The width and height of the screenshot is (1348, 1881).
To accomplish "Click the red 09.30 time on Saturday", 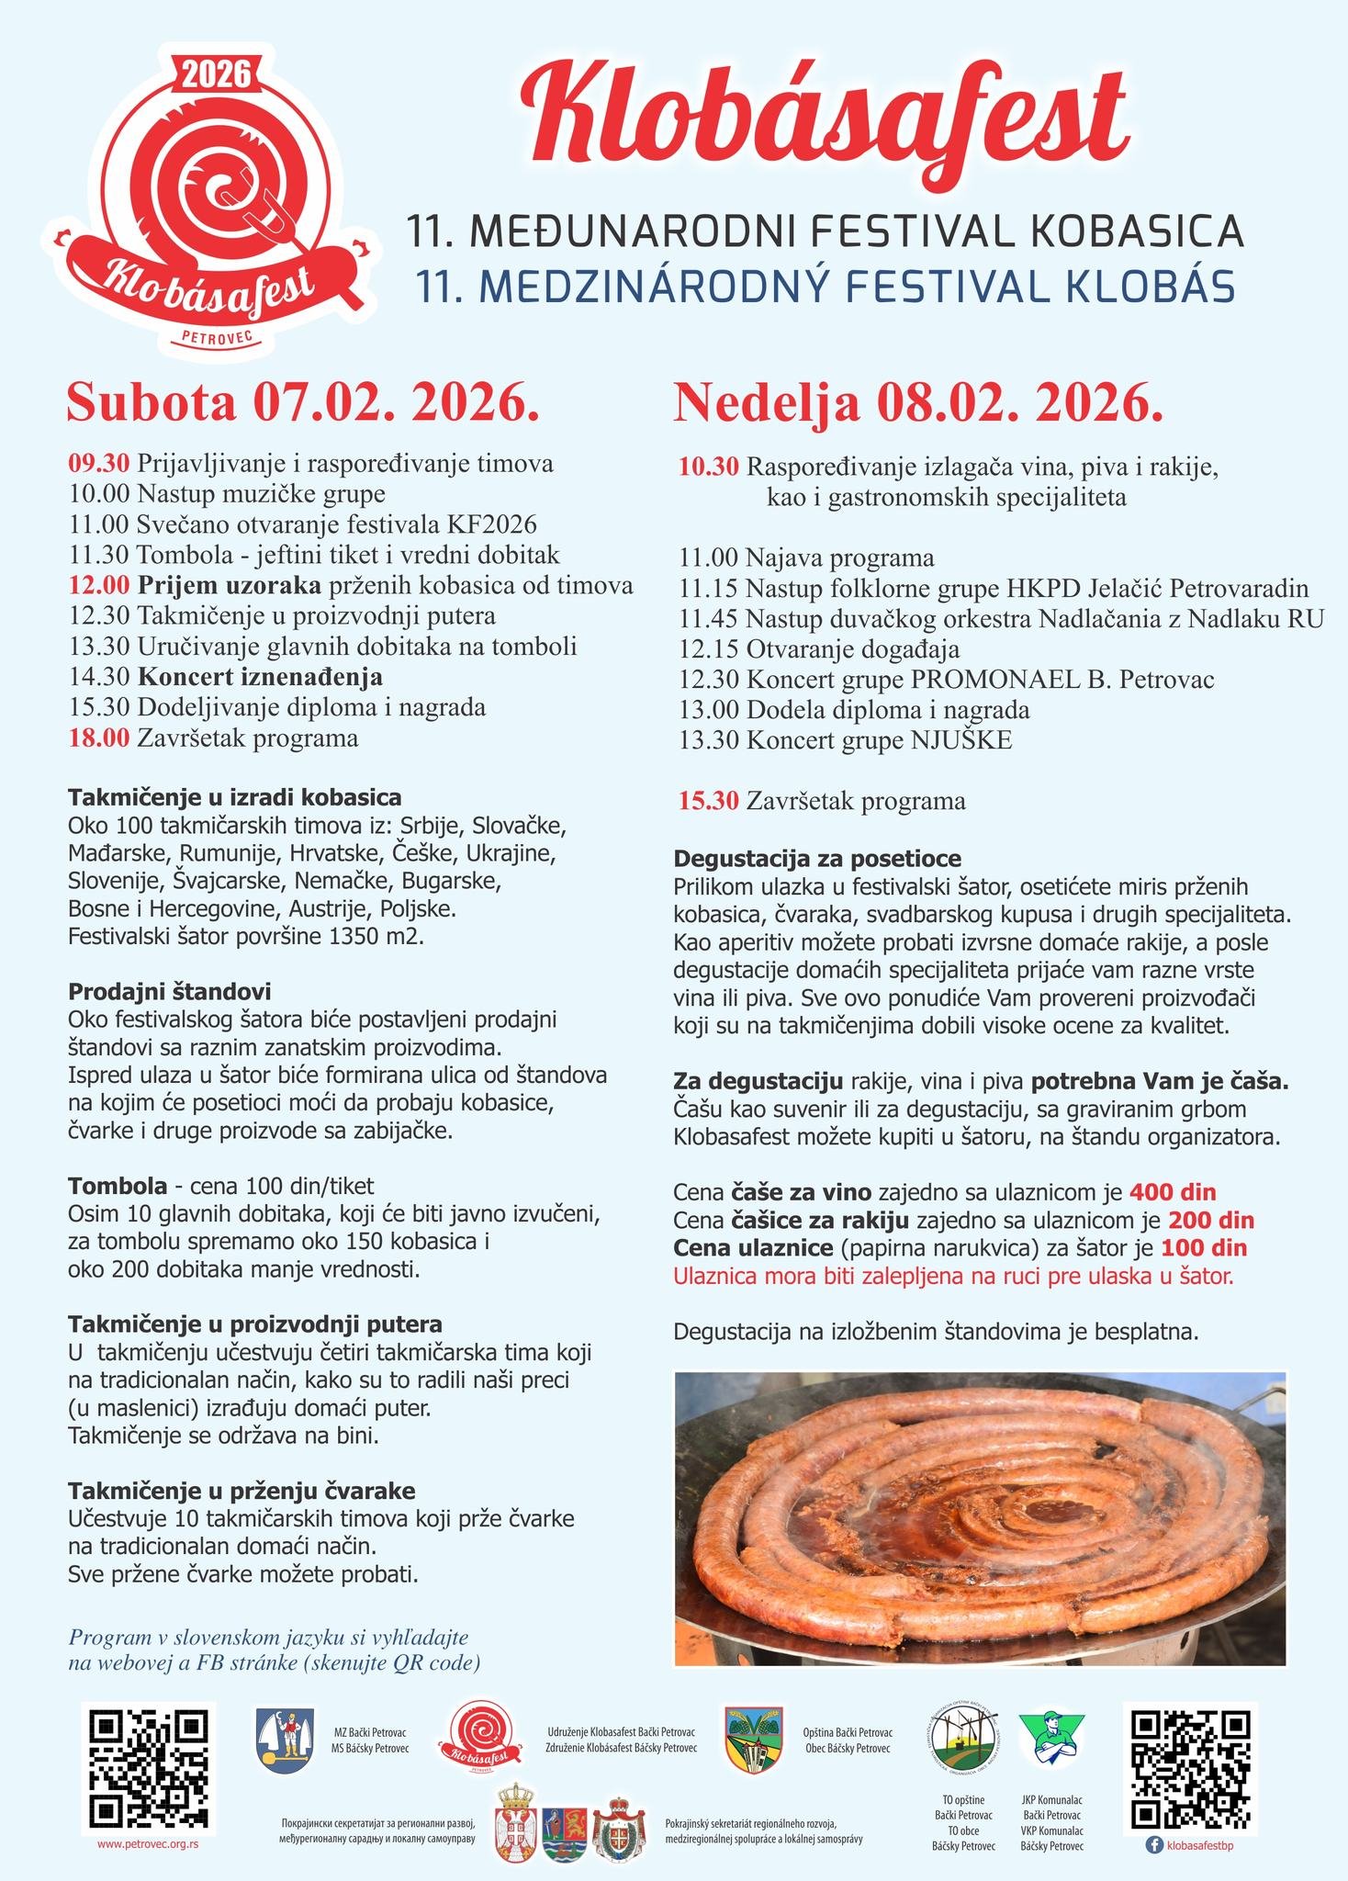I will tap(99, 463).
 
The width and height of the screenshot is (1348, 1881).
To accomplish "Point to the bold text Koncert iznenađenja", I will tap(260, 677).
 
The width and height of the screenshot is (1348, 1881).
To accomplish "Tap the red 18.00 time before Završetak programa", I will tap(99, 738).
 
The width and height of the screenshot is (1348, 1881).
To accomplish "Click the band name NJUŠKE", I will tap(961, 739).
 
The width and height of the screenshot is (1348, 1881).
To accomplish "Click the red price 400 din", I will tap(1173, 1192).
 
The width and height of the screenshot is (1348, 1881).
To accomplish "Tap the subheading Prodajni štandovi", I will tap(169, 992).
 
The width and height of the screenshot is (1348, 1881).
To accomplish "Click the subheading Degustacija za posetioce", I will tap(817, 859).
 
